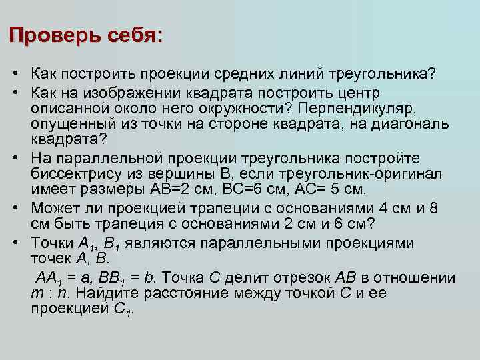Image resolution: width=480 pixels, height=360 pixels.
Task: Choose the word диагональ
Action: click(x=412, y=124)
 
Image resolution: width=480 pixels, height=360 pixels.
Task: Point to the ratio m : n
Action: click(x=49, y=294)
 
